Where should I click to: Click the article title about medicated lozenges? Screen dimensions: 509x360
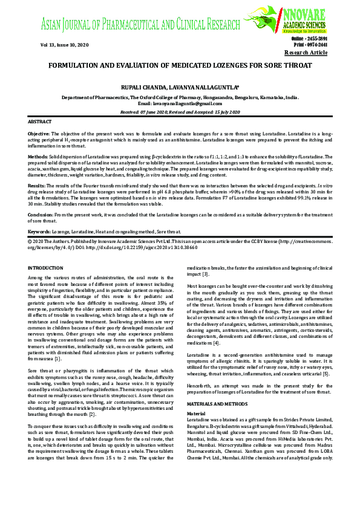point(180,65)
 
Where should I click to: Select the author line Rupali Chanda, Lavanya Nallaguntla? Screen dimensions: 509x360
point(180,86)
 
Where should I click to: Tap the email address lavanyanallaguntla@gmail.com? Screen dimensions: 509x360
point(180,103)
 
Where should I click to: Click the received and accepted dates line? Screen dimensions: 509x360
point(180,112)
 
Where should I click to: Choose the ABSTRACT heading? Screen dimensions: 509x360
point(40,122)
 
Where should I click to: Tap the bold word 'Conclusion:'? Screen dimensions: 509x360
point(41,214)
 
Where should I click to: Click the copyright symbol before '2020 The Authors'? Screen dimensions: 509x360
point(30,240)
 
